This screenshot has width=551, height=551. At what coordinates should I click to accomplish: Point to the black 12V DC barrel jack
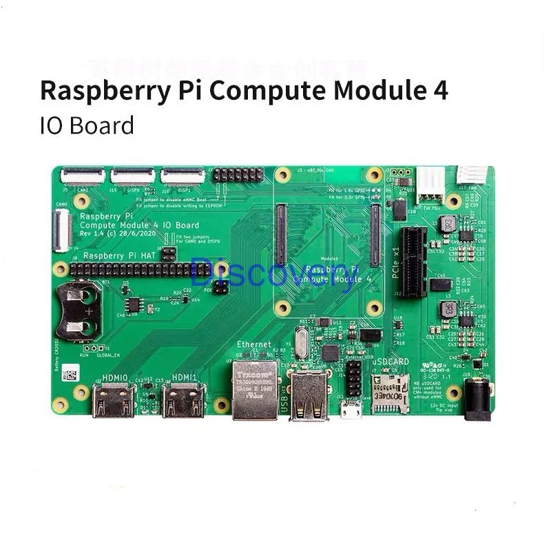[477, 400]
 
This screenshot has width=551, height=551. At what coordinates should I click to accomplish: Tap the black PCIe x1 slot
[415, 262]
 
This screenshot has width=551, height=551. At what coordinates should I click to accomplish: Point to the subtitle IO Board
[86, 125]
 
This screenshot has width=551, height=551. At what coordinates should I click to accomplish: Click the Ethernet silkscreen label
[253, 344]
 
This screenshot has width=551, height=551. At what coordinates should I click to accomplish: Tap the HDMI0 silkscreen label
[114, 377]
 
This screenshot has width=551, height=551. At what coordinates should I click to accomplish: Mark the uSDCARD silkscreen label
[390, 361]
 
